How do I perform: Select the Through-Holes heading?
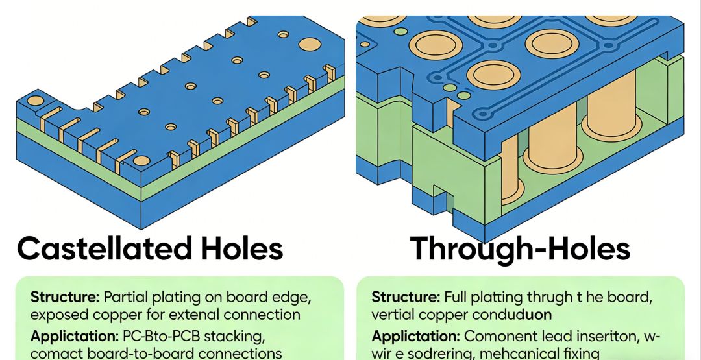click(x=520, y=249)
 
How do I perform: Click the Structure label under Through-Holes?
click(x=406, y=298)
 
